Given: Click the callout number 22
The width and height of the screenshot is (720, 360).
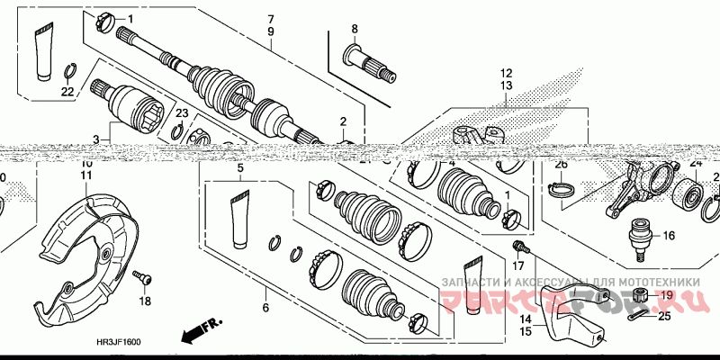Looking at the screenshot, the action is coord(67,91).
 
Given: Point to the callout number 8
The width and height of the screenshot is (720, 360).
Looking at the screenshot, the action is coord(354,30).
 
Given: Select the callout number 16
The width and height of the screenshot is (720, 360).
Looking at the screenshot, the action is coord(669,236).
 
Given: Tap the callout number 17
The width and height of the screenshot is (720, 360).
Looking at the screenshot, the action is coord(517,265).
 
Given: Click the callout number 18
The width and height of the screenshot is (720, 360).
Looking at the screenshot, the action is coord(145,301).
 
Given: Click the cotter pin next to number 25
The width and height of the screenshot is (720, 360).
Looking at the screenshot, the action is coord(640,314).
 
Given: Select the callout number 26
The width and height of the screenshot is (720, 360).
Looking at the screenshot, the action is coord(561,165).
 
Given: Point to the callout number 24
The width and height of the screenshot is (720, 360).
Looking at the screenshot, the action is coord(694,163).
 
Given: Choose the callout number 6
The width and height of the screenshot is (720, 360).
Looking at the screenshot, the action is coord(265,309).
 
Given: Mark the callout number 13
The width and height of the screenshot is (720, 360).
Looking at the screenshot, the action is coord(506,85).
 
